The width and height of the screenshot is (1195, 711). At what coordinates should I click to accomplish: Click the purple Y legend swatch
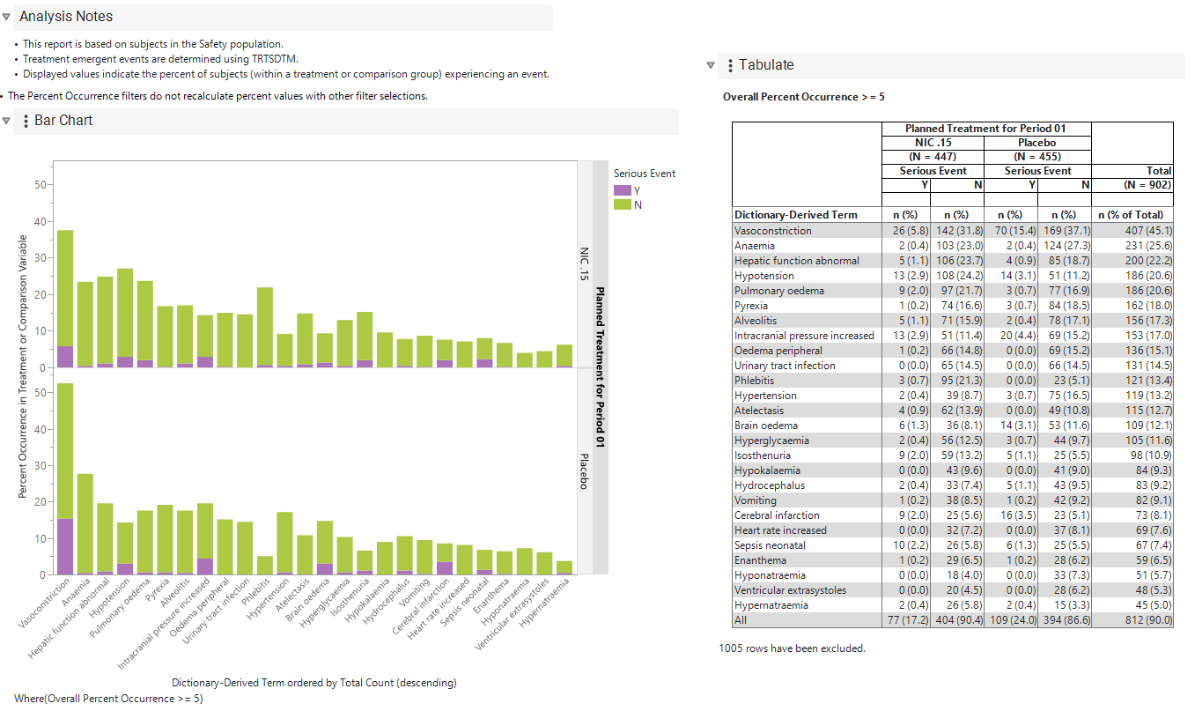tap(622, 190)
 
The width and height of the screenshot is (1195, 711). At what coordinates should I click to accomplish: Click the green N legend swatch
tap(622, 204)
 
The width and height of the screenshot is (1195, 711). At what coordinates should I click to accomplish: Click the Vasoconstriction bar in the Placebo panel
tap(65, 478)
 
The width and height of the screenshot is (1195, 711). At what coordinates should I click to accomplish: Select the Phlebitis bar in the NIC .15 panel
tap(265, 327)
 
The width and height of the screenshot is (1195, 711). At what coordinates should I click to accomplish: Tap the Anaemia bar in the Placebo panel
tap(85, 524)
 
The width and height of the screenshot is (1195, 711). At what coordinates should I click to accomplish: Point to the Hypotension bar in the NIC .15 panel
tap(125, 317)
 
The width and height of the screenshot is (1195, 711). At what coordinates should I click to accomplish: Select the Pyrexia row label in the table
tap(750, 306)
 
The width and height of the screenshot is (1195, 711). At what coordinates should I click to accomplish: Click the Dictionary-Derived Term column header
tap(795, 215)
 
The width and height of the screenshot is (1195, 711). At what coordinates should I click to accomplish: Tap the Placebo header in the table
tap(1036, 143)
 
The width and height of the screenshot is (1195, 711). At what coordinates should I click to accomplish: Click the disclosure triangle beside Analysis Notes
tap(6, 17)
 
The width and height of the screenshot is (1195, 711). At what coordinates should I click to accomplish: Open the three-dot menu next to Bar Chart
tap(26, 122)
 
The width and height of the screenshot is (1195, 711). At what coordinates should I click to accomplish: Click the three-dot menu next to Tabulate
tap(730, 66)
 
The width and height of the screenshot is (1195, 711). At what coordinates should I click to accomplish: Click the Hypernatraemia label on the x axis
tap(545, 602)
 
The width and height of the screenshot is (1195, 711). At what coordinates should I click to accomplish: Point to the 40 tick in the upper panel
tap(41, 221)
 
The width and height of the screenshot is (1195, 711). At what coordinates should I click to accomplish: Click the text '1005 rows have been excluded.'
tap(792, 648)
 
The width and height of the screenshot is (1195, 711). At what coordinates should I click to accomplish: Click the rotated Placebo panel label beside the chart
tap(584, 471)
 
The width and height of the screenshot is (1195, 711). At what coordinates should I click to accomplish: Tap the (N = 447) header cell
tap(933, 157)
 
